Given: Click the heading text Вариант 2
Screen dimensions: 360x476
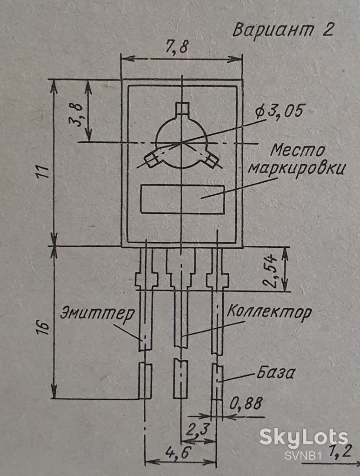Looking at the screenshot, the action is coord(283,30).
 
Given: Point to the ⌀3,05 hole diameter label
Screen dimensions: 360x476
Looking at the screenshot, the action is coord(279,112).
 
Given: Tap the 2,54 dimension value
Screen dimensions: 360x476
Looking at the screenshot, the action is coord(270,271).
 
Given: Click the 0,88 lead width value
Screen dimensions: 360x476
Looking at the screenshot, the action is coord(246,403).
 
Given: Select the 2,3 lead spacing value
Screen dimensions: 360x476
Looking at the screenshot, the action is coord(198,429).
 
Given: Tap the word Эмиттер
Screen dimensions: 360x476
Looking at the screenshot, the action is coord(98,313).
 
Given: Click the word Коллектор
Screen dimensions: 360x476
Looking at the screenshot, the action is coord(269,311).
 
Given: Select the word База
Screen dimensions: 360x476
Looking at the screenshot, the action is coord(275,373).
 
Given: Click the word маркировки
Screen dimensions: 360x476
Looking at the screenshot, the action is coord(296,168).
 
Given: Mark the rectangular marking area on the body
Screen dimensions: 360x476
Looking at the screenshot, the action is coord(182,199).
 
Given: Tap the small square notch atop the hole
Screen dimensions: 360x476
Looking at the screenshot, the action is coord(182,108).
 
